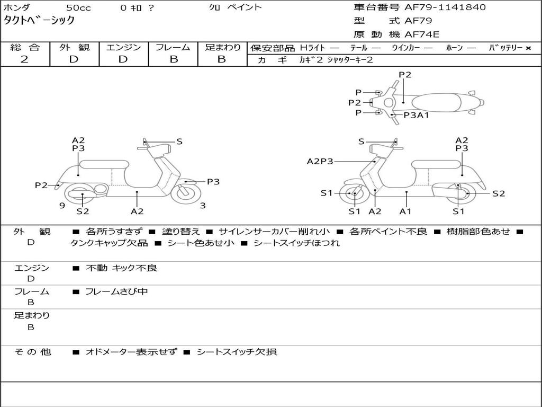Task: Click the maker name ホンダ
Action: [x=16, y=7]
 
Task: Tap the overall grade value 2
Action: [x=24, y=59]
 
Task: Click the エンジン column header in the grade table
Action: [x=123, y=48]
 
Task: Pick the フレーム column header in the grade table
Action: [x=173, y=48]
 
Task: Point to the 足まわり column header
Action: [x=222, y=48]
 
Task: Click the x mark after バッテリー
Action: [x=528, y=48]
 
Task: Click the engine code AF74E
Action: [x=422, y=34]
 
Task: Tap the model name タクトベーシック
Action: [x=39, y=21]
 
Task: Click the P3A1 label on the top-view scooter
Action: [x=416, y=115]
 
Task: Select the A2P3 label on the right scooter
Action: [x=320, y=161]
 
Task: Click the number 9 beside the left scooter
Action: [x=62, y=206]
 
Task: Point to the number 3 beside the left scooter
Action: [x=203, y=206]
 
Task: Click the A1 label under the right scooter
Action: [x=405, y=211]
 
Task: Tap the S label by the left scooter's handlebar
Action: [x=179, y=141]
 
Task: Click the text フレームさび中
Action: [x=116, y=291]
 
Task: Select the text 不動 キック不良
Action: [x=121, y=268]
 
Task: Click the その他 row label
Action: [x=32, y=352]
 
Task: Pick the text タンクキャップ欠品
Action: [x=109, y=243]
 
